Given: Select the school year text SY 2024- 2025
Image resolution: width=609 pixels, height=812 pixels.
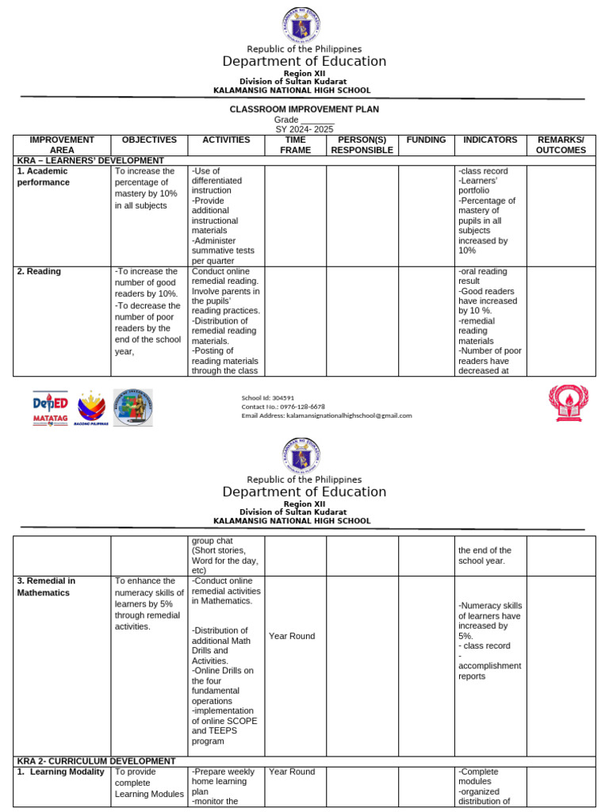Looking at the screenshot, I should click(304, 128).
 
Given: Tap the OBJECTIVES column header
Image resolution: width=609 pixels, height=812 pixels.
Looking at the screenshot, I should click(148, 140).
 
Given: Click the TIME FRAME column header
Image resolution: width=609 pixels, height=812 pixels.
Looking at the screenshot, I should click(295, 144).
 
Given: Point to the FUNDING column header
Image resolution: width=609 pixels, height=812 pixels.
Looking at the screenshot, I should click(426, 140).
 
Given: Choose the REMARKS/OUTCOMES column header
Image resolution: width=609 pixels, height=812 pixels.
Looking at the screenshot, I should click(561, 144).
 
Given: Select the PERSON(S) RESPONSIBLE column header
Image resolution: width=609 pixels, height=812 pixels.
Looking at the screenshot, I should click(362, 144).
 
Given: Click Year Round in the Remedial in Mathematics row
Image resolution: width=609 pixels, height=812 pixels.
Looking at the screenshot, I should click(291, 636).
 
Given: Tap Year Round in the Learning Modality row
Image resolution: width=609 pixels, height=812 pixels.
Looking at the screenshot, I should click(291, 772).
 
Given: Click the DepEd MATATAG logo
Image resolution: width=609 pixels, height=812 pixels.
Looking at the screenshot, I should click(50, 408).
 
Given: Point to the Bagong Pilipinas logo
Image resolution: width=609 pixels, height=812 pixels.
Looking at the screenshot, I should click(90, 408).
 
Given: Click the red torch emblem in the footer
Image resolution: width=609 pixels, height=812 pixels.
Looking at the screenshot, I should click(569, 403).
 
